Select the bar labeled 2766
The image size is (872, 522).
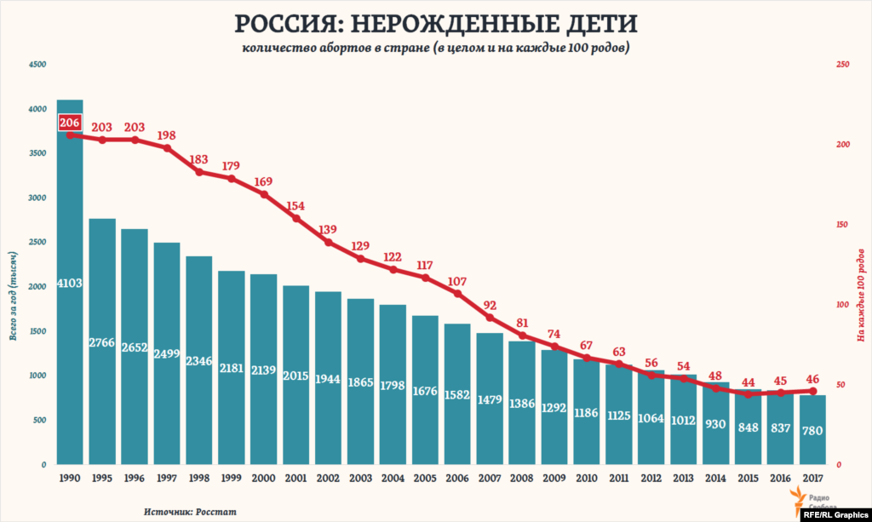102,341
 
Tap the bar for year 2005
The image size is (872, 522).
425,391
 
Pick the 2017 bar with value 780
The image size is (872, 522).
812,430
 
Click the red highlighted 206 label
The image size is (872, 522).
70,123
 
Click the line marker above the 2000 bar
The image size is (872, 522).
264,194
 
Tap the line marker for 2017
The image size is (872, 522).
813,391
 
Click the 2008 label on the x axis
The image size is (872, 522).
522,479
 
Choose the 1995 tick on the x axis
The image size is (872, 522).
102,479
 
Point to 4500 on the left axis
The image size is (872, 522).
37,65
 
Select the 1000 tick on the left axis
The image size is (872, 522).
37,376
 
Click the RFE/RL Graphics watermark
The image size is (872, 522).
834,513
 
